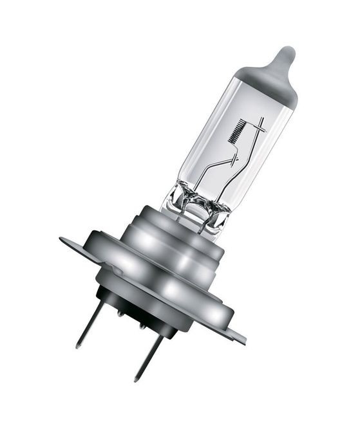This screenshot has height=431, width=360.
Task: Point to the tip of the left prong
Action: (79, 346)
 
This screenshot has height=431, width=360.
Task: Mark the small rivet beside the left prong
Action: (120, 313)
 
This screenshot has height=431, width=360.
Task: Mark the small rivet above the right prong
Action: (143, 326)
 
